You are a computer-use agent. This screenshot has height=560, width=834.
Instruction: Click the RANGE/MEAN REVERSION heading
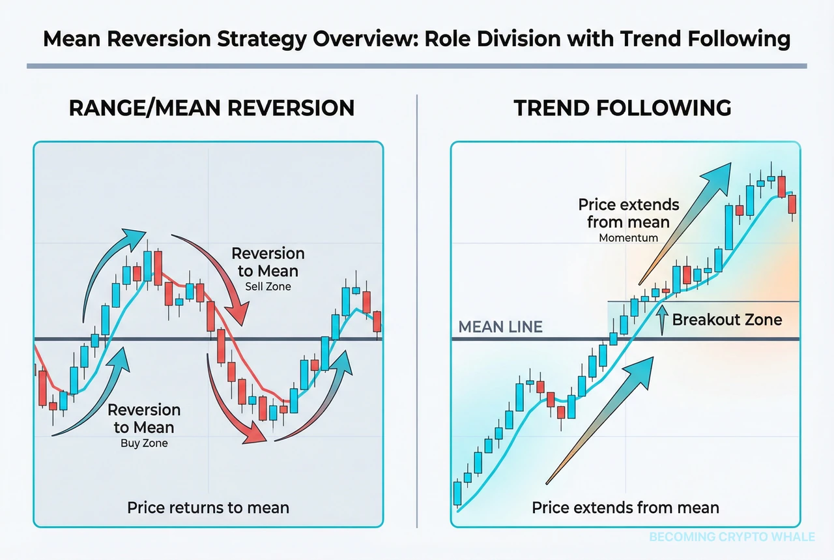[212, 108]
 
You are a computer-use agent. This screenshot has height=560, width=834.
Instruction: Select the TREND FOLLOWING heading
[622, 108]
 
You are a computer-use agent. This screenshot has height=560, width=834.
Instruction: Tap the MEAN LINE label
[500, 327]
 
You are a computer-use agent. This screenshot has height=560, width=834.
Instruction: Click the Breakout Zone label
[726, 319]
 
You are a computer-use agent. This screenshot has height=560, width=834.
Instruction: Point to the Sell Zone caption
[268, 286]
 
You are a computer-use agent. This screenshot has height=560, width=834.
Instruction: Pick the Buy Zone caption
[143, 443]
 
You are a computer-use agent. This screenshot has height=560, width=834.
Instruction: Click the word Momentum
[628, 238]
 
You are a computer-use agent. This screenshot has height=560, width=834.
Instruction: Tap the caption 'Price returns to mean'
[208, 507]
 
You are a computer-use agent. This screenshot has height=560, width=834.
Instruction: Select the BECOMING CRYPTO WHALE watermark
[732, 537]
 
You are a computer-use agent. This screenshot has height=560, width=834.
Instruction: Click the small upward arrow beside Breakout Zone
[663, 320]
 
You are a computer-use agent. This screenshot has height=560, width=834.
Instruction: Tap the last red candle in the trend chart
[792, 203]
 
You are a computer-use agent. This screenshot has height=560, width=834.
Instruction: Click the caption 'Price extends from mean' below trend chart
[625, 507]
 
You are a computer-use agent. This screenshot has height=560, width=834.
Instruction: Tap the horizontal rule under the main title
[416, 66]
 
